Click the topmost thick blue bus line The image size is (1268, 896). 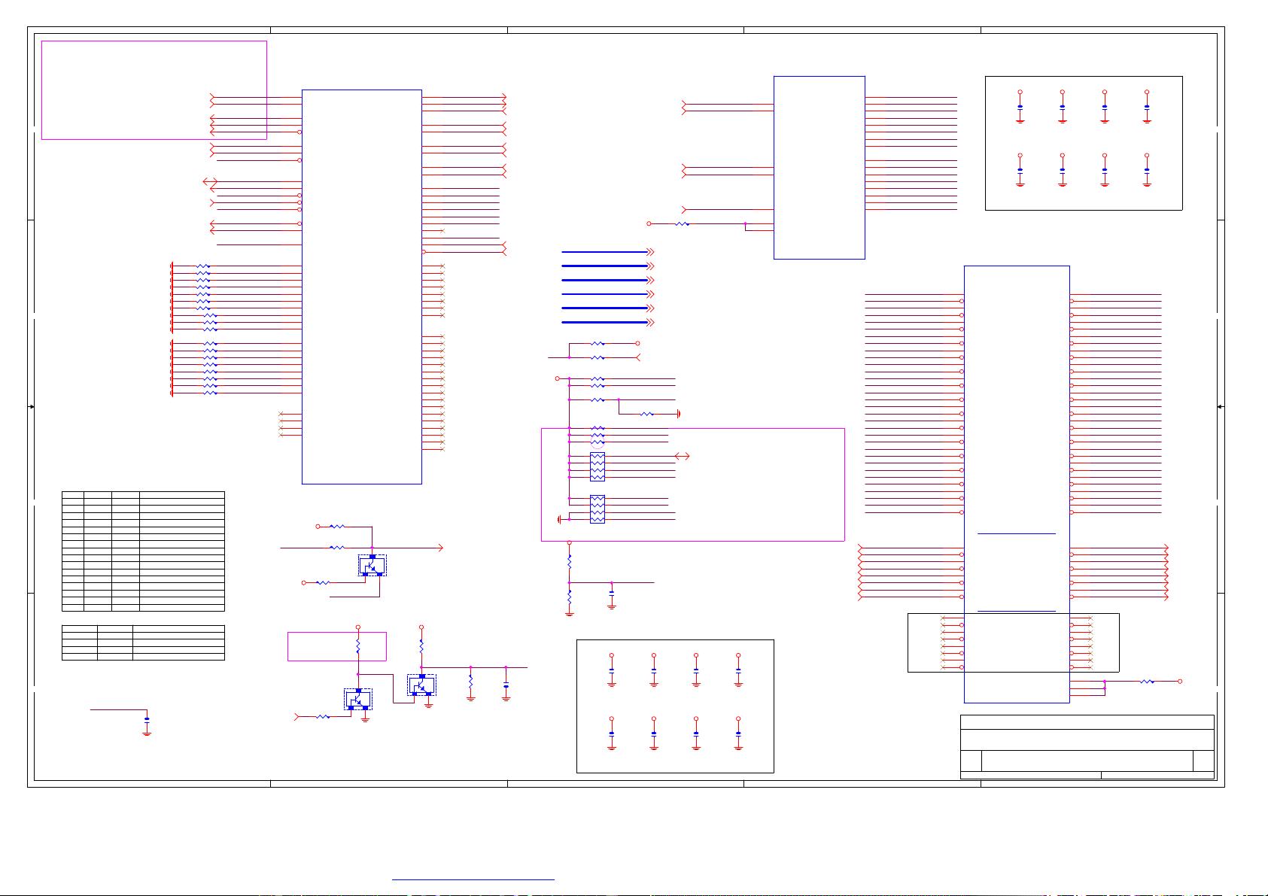(604, 252)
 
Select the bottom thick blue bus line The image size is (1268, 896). (604, 322)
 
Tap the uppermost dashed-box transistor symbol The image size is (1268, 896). (372, 565)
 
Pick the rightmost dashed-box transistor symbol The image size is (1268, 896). (421, 685)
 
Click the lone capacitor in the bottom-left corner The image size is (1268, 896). (147, 720)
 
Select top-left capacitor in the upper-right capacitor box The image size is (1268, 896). (1020, 107)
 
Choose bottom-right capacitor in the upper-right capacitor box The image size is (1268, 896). (1146, 170)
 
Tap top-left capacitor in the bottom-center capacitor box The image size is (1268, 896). (611, 670)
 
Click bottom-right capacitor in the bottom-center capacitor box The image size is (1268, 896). (737, 733)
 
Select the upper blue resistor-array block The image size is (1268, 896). (598, 466)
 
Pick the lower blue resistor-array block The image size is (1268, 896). (598, 509)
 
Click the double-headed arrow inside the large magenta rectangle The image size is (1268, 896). (682, 456)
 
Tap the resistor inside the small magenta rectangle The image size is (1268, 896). (358, 646)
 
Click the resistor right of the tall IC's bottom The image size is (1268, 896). (1146, 682)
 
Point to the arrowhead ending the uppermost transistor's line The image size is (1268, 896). (441, 548)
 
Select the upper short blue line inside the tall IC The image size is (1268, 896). (1016, 533)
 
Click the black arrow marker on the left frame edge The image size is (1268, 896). (32, 406)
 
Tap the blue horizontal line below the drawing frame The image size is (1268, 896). (473, 879)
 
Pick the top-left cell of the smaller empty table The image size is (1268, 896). (79, 628)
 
